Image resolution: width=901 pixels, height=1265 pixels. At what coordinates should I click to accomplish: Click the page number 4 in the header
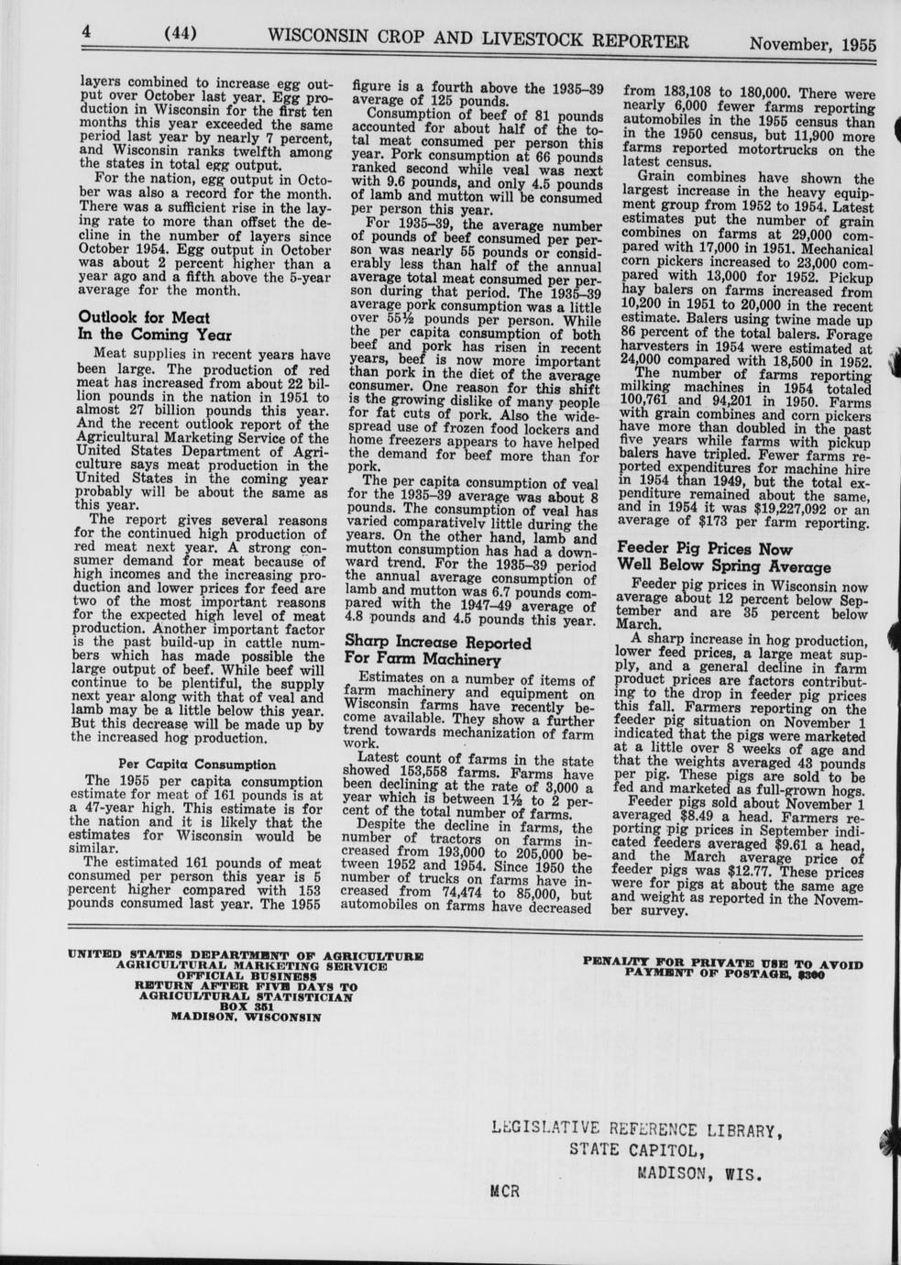point(86,32)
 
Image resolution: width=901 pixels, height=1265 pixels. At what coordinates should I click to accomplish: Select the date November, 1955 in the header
point(812,44)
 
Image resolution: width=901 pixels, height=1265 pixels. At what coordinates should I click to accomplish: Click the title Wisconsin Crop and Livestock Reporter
point(478,38)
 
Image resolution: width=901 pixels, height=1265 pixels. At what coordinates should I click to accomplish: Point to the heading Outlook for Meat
point(144,317)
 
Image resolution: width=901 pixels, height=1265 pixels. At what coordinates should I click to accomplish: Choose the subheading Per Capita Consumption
point(197,764)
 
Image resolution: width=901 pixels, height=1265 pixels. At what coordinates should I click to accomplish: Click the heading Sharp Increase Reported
point(437,643)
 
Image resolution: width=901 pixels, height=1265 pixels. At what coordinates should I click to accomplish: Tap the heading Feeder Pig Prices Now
point(704,549)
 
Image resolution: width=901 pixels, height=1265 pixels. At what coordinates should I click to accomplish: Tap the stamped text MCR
point(505,1192)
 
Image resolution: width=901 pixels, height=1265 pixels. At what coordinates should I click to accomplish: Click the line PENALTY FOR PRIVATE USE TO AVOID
point(722,962)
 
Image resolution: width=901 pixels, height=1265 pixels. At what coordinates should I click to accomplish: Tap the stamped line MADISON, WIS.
point(699,1172)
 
